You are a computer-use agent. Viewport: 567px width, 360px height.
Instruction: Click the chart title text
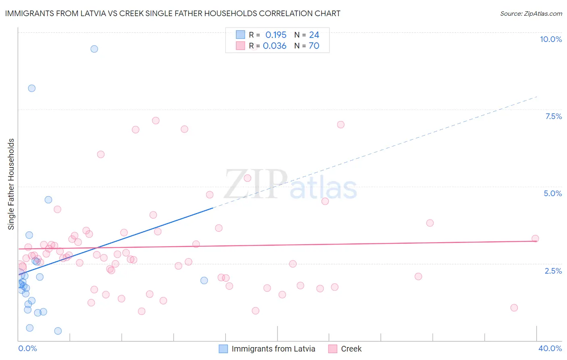coord(173,14)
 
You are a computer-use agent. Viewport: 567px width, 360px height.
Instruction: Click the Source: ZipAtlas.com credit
coord(531,14)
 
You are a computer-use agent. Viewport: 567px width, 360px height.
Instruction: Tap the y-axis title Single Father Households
coord(11,184)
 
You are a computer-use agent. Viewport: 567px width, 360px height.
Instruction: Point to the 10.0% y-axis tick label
coord(550,39)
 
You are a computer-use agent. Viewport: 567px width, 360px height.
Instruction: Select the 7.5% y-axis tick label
coord(553,116)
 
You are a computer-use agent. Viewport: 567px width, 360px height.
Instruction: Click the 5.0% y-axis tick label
coord(552,193)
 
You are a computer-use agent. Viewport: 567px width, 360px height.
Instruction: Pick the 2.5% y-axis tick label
coord(553,271)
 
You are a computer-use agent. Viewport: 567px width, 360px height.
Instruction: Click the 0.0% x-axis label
coord(27,348)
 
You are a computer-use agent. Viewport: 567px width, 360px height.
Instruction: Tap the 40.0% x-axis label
coord(550,348)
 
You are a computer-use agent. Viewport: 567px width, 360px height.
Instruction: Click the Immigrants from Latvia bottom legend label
coord(273,349)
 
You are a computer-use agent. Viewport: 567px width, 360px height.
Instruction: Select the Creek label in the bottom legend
coord(351,349)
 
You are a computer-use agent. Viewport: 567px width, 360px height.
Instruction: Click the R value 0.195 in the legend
coord(276,35)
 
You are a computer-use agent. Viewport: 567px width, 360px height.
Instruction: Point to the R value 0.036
coord(275,46)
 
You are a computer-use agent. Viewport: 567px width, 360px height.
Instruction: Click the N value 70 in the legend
coord(314,46)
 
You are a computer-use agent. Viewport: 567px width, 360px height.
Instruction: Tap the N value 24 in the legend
coord(314,35)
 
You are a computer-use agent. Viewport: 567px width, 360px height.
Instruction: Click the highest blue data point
coord(94,49)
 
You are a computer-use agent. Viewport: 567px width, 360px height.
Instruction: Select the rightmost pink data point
coord(535,239)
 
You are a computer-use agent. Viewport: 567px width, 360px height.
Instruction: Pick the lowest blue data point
coord(58,331)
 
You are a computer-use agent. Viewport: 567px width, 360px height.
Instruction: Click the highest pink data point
coord(156,121)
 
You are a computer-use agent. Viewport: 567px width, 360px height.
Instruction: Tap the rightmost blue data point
coord(204,280)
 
